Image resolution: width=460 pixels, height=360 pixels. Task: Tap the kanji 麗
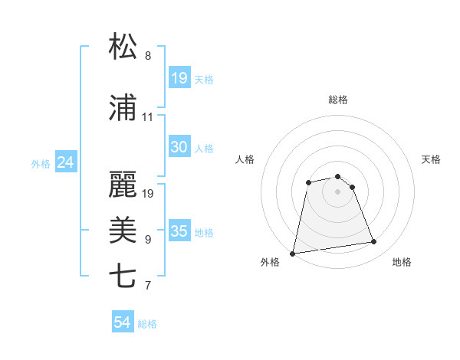[x=123, y=183]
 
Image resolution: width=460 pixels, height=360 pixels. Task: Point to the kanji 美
[x=123, y=230]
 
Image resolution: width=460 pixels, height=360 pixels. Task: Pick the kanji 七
[x=123, y=277]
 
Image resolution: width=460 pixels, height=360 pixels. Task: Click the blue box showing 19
[x=179, y=78]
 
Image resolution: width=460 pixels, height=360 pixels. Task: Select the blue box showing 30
[x=179, y=147]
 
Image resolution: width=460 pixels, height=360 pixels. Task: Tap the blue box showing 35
[x=179, y=231]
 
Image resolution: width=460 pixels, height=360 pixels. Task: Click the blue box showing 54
[x=123, y=323]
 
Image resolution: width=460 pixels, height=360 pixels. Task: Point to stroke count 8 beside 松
[x=148, y=57]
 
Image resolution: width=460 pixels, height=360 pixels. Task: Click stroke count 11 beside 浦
[x=148, y=117]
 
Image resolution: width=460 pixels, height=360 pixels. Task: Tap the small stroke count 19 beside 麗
[x=148, y=193]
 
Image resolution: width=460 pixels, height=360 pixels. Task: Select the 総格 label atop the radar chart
[x=338, y=100]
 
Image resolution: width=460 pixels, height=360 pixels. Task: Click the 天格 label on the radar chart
[x=432, y=159]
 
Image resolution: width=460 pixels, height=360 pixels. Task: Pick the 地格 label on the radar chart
[x=402, y=263]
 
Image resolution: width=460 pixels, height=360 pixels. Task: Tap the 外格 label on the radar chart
[x=270, y=263]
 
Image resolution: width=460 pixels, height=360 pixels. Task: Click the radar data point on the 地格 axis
[x=374, y=242]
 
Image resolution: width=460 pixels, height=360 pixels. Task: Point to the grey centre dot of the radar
[x=338, y=191]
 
